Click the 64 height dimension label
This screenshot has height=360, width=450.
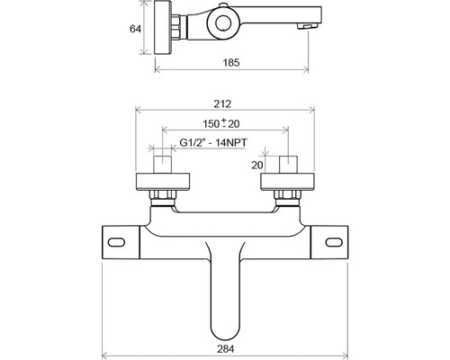(x=135, y=29)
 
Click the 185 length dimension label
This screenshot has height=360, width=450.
(x=231, y=62)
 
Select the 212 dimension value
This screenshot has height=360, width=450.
(x=222, y=103)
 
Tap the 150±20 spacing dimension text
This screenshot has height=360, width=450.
(x=221, y=123)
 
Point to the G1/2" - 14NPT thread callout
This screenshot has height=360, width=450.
(x=213, y=142)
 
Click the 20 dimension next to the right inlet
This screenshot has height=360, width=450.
(x=257, y=165)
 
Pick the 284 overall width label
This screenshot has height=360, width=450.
(x=225, y=349)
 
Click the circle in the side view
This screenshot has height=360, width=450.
(x=223, y=23)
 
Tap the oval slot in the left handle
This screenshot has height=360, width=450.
(x=116, y=242)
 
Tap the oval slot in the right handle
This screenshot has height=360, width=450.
(x=334, y=242)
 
